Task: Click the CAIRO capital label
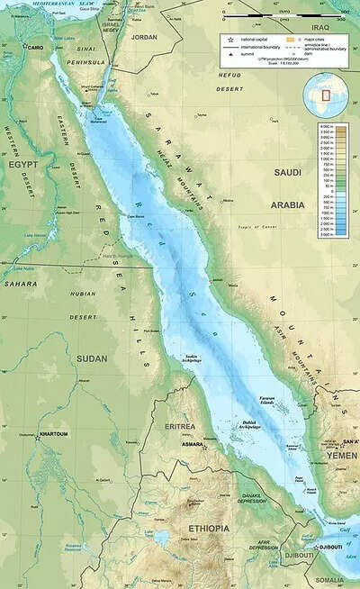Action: (x=36, y=47)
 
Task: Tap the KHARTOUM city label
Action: (x=53, y=434)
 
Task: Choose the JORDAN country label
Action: (x=144, y=37)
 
